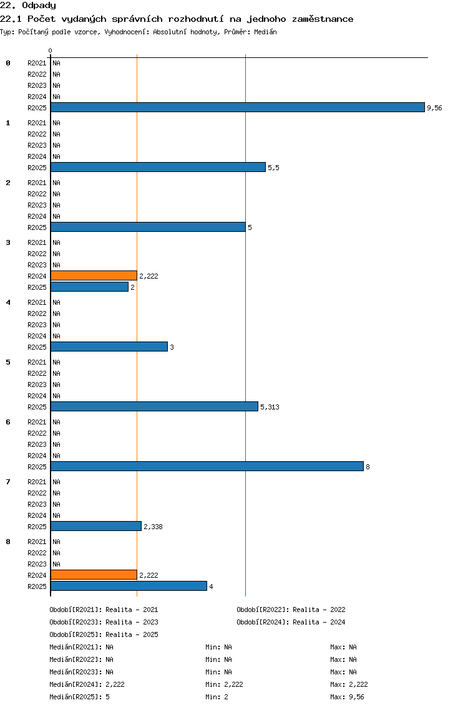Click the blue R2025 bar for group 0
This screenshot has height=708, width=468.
point(238,107)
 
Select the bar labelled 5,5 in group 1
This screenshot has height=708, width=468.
point(158,167)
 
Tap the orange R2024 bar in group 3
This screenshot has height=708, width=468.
point(94,275)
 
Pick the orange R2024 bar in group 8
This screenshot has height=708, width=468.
point(94,575)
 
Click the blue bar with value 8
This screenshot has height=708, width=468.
point(207,466)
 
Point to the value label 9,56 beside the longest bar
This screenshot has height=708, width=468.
point(434,108)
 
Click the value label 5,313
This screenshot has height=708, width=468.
point(270,407)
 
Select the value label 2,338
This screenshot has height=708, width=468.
point(154,527)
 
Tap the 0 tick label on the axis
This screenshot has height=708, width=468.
point(50,50)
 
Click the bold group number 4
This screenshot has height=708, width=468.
point(8,302)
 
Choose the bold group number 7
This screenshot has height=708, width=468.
point(8,482)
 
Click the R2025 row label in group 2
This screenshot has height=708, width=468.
point(37,227)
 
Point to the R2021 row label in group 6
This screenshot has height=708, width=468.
point(37,422)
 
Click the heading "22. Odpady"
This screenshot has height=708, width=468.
point(28,6)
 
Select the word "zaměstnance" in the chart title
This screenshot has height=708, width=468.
point(323,19)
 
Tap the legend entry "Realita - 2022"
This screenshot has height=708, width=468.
point(319,610)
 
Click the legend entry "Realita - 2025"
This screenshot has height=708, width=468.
point(132,634)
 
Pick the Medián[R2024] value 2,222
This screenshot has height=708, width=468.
point(115,684)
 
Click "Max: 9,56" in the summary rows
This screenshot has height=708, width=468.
point(348,697)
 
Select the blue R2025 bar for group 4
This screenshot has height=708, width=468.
point(109,347)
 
